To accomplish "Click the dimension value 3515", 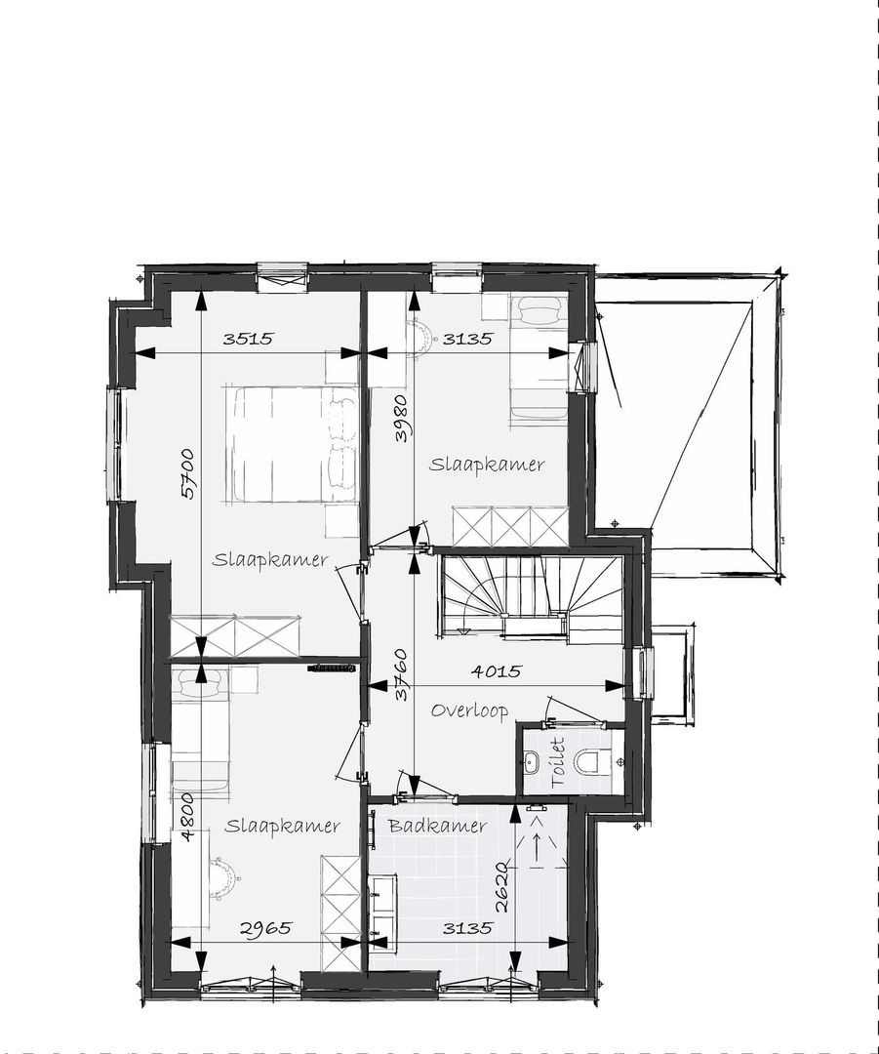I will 248,340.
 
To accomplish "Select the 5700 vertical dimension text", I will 187,472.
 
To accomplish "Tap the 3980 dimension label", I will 400,418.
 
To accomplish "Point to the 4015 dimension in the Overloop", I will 497,671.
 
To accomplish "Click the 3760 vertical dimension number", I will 401,674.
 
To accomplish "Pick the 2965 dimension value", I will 265,928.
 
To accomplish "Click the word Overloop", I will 469,710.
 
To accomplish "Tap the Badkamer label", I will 437,826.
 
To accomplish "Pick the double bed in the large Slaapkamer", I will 293,444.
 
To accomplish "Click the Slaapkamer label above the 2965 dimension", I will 282,826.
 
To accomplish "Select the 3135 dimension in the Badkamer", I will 466,928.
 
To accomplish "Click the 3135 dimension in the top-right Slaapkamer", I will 468,340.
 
